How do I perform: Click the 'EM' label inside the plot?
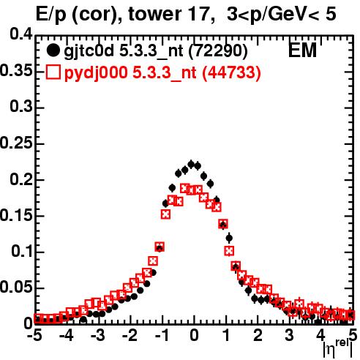coord(302,50)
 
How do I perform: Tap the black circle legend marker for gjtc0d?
coord(53,50)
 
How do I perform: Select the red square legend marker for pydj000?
coord(53,72)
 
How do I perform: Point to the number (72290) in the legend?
coord(218,50)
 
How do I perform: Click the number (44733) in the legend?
coord(232,72)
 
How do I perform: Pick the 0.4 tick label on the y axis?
coord(21,34)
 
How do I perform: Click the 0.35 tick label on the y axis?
coord(16,70)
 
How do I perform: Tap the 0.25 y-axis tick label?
coord(16,143)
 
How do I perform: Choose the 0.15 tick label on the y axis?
coord(16,215)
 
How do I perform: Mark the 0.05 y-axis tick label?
coord(16,288)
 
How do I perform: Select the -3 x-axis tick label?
coord(98,335)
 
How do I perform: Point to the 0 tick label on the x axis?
coord(194,335)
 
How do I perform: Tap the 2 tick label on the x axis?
coord(258,335)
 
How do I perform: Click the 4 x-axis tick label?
coord(321,335)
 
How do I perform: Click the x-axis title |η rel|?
coord(338,349)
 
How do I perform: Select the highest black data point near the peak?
coord(191,165)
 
